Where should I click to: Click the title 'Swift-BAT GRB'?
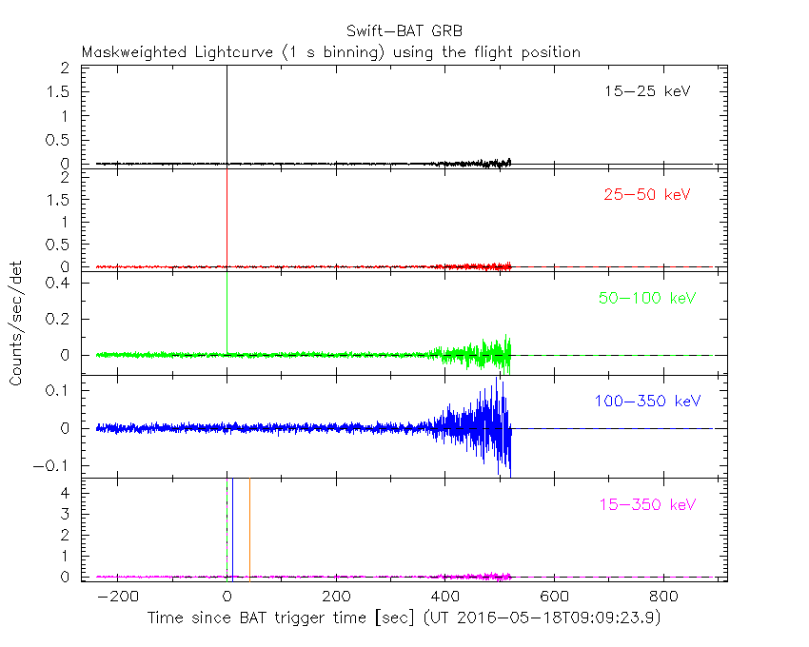[404, 29]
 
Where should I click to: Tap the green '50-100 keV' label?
[647, 298]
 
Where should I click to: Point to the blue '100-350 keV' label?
[647, 401]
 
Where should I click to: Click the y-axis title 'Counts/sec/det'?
[16, 323]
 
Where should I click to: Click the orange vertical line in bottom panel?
[249, 528]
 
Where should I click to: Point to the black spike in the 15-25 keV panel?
[227, 114]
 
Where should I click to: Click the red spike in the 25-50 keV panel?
[227, 219]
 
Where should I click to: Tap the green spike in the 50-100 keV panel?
[227, 314]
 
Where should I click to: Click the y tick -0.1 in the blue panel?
[59, 466]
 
